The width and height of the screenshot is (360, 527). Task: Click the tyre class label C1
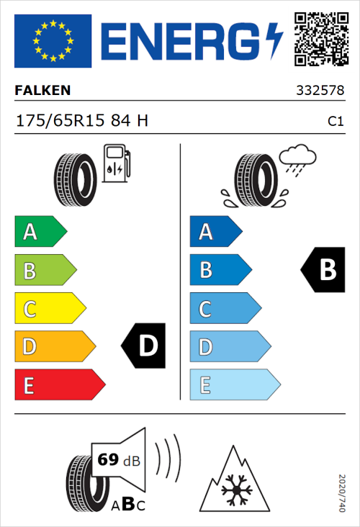click(x=336, y=122)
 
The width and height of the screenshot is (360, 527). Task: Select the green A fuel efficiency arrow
click(x=40, y=232)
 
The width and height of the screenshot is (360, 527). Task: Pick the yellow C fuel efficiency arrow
click(x=49, y=309)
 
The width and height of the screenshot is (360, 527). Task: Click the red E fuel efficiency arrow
click(x=59, y=385)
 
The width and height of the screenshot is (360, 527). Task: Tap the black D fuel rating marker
click(x=143, y=346)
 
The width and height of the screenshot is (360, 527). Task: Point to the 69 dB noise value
click(x=119, y=459)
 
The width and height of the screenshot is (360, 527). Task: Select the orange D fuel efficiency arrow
click(x=54, y=347)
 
